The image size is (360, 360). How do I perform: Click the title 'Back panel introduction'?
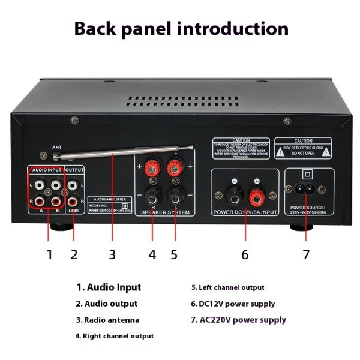(180, 29)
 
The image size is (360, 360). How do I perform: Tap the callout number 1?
(50, 254)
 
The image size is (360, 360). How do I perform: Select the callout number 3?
(112, 254)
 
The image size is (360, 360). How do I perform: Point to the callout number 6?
(244, 254)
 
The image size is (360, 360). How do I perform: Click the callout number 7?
(306, 254)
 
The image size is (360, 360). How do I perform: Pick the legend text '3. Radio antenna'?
(107, 320)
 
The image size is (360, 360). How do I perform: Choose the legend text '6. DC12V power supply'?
(233, 304)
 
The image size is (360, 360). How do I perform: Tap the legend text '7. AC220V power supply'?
(238, 320)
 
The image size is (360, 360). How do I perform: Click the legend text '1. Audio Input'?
(109, 287)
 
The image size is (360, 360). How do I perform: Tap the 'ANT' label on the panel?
(57, 147)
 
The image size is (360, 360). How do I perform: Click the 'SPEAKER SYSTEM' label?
(164, 213)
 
